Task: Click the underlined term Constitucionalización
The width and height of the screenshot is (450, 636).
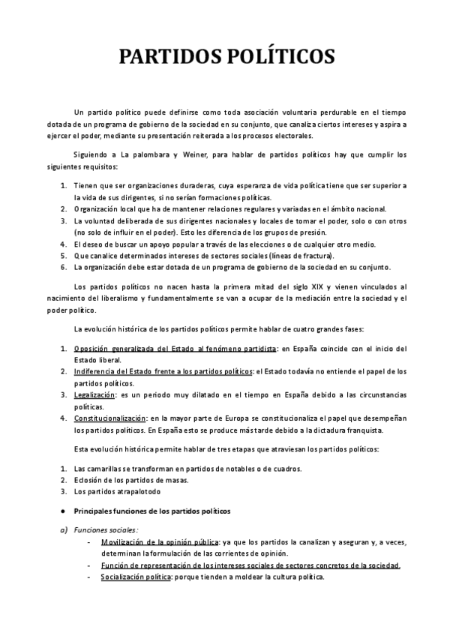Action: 110,418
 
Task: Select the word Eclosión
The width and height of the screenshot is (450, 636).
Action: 89,480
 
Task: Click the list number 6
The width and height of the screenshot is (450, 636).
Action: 62,267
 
